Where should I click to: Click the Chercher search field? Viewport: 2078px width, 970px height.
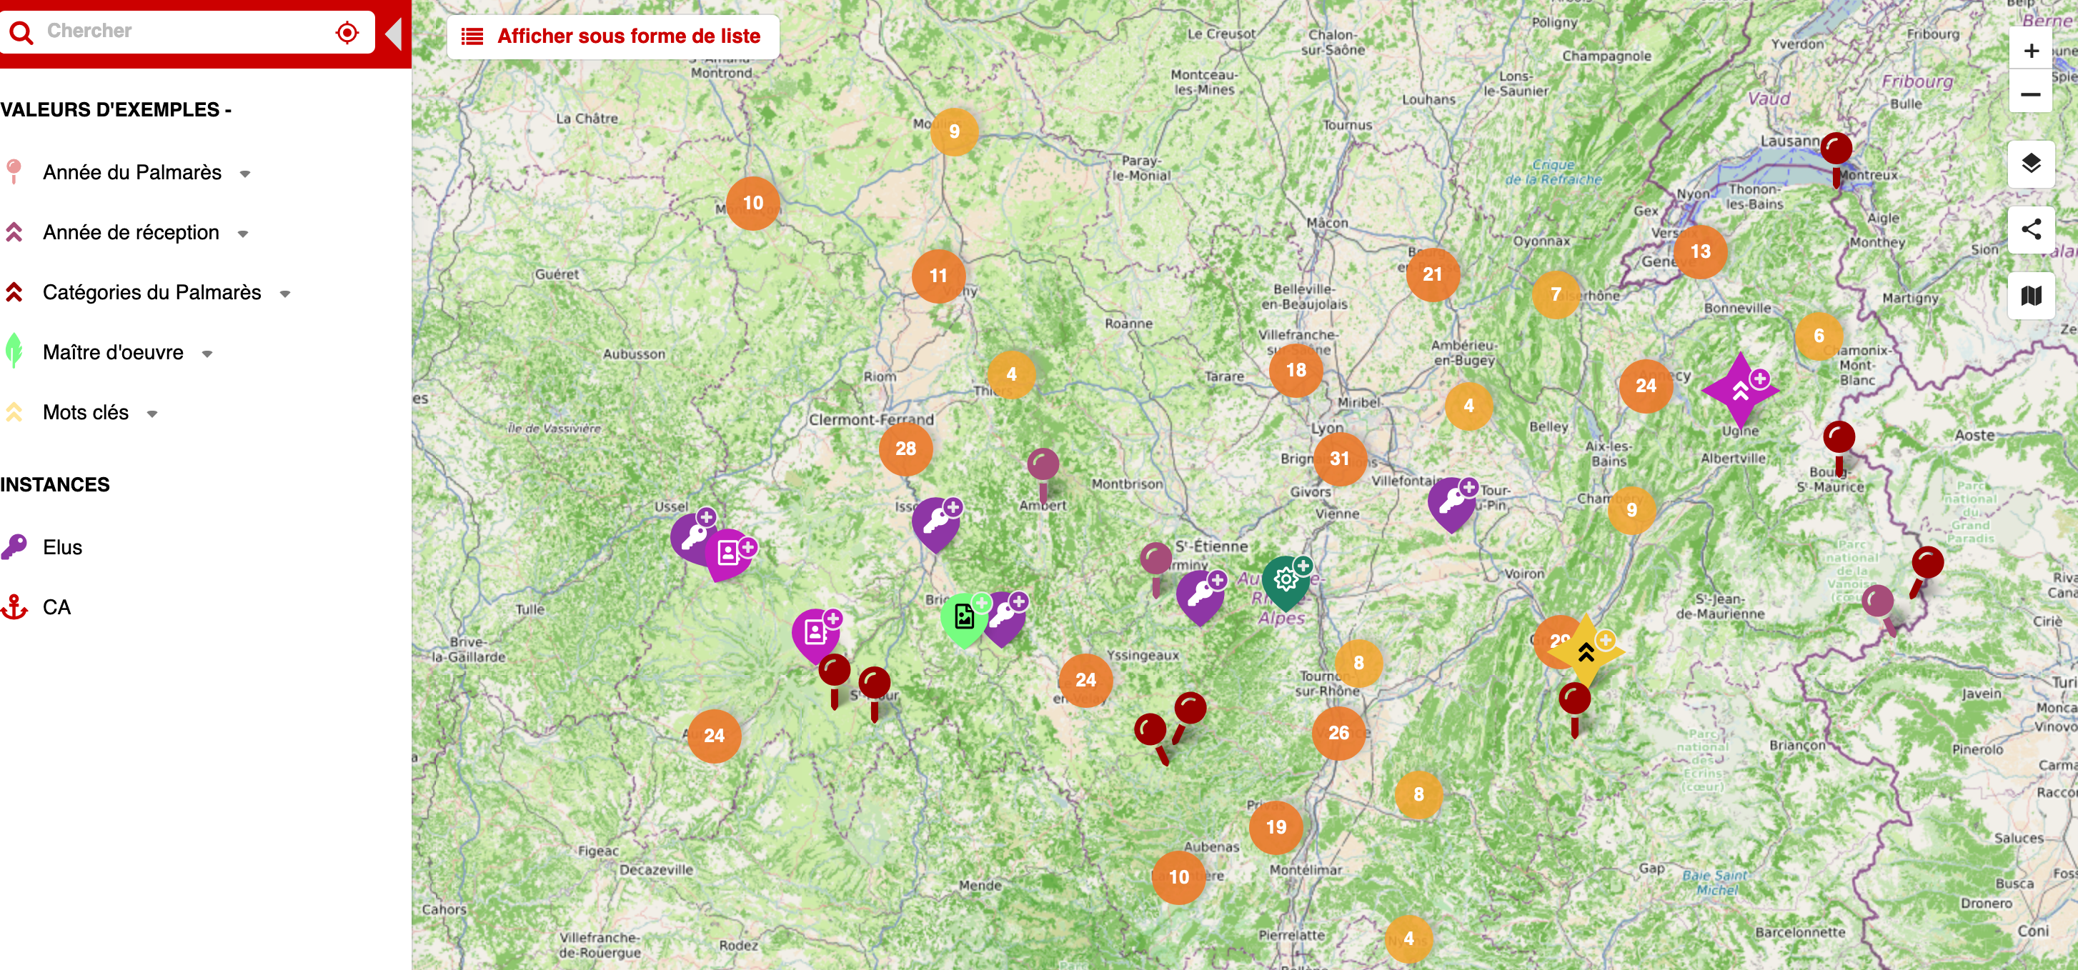[x=186, y=31]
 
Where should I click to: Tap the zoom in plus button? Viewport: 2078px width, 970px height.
[x=2030, y=51]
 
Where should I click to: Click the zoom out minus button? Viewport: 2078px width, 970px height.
[x=2030, y=94]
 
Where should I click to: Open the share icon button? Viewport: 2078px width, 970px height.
[x=2030, y=230]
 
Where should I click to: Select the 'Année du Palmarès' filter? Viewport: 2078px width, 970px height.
[x=132, y=173]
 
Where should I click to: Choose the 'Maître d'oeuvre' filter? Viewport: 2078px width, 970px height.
[x=113, y=352]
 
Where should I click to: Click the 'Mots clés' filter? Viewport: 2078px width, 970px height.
[x=86, y=413]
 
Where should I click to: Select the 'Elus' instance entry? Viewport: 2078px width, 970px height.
[x=62, y=547]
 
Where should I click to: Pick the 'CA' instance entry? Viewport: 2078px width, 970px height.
[x=56, y=607]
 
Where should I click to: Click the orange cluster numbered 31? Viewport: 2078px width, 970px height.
[x=1339, y=459]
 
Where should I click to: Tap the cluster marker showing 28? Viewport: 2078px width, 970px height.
[x=905, y=449]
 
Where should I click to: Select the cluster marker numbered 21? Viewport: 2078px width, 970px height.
[x=1432, y=274]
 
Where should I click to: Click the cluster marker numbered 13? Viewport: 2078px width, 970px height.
[x=1700, y=251]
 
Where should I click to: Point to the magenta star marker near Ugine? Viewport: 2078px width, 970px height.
[x=1740, y=390]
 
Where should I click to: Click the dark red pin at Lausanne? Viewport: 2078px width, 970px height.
[x=1836, y=150]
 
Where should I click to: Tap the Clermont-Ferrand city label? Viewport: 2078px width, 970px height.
[x=871, y=420]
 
